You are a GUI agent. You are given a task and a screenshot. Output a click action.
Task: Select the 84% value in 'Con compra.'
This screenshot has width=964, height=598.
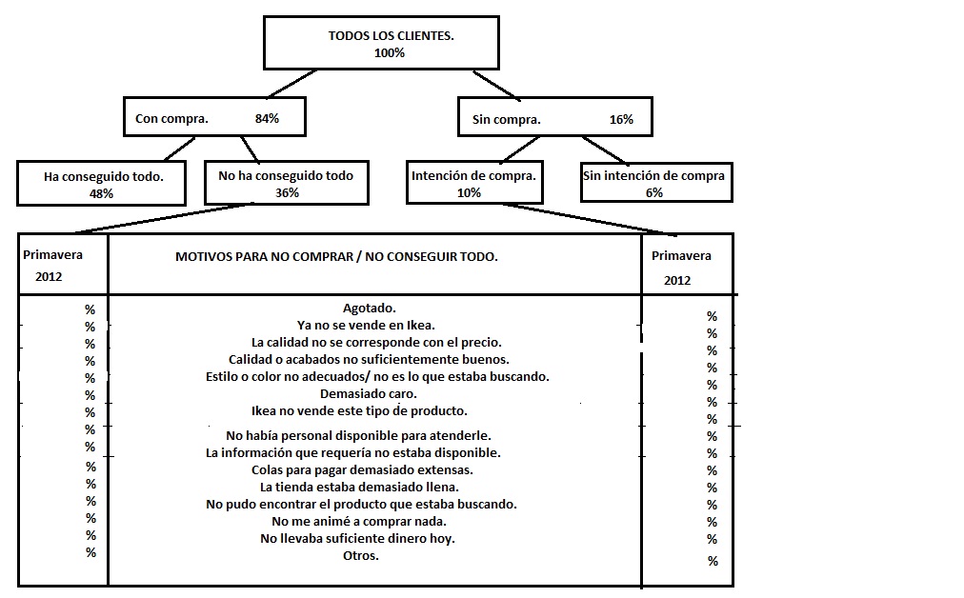pyautogui.click(x=267, y=119)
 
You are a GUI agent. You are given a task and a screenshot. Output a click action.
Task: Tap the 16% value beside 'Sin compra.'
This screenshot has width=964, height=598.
pyautogui.click(x=621, y=120)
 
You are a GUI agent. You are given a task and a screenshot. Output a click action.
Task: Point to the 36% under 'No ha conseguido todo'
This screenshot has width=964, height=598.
pyautogui.click(x=287, y=193)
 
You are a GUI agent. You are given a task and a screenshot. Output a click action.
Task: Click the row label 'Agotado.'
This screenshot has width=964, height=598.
pyautogui.click(x=369, y=308)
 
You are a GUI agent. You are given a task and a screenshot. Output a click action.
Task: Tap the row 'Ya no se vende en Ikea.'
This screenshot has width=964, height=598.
pyautogui.click(x=366, y=325)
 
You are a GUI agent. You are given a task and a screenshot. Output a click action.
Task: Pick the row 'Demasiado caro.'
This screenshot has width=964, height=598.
pyautogui.click(x=369, y=394)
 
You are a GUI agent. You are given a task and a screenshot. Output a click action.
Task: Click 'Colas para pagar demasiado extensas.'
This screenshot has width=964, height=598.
pyautogui.click(x=362, y=470)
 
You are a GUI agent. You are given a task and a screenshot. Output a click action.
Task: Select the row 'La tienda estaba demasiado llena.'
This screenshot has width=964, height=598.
pyautogui.click(x=360, y=488)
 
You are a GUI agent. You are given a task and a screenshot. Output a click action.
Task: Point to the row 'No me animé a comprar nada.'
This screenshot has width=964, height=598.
pyautogui.click(x=359, y=522)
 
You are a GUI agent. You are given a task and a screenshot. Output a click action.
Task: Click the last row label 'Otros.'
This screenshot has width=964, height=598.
pyautogui.click(x=361, y=555)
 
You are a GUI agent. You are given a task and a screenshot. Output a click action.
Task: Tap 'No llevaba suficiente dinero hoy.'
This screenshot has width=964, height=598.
pyautogui.click(x=358, y=539)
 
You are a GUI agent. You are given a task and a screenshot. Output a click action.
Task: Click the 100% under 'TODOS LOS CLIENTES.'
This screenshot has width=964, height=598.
pyautogui.click(x=390, y=53)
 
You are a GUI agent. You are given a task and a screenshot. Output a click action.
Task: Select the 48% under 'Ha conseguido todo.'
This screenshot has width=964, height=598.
pyautogui.click(x=101, y=194)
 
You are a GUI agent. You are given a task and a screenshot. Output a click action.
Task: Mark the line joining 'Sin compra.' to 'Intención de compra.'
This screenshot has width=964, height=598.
pyautogui.click(x=520, y=149)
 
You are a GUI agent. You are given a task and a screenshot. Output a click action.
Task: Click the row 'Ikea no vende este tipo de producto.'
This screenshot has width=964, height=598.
pyautogui.click(x=359, y=411)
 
